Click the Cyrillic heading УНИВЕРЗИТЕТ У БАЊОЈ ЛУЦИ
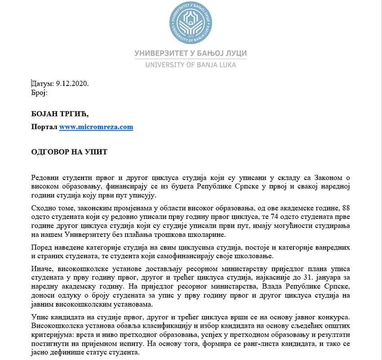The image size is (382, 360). pyautogui.click(x=191, y=53)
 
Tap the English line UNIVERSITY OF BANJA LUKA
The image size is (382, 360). pyautogui.click(x=191, y=65)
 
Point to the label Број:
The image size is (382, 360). pyautogui.click(x=39, y=92)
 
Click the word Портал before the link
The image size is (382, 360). pyautogui.click(x=44, y=127)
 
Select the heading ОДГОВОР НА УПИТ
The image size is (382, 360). pyautogui.click(x=69, y=152)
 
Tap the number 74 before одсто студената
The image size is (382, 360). pyautogui.click(x=268, y=216)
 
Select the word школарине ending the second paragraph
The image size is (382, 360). pyautogui.click(x=206, y=235)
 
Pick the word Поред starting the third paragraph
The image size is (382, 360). pyautogui.click(x=42, y=247)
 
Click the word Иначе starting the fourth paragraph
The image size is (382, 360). pyautogui.click(x=43, y=269)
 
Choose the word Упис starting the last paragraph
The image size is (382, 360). pyautogui.click(x=40, y=317)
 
